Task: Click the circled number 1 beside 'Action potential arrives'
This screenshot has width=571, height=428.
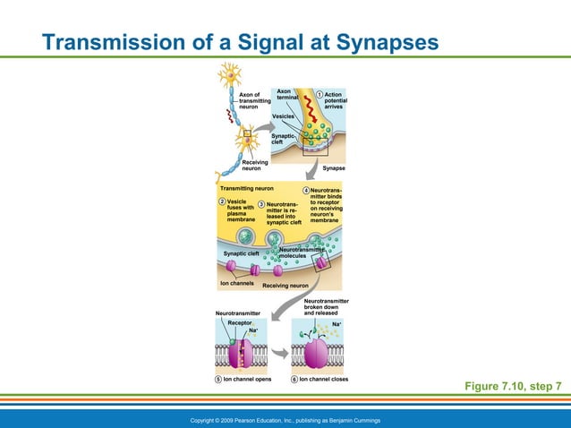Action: (320, 95)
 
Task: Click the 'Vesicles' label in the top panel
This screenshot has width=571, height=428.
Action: (284, 117)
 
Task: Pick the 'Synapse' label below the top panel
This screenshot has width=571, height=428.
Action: (334, 168)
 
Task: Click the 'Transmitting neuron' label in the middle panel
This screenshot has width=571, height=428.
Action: (246, 189)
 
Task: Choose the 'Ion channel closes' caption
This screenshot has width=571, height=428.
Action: (323, 379)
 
